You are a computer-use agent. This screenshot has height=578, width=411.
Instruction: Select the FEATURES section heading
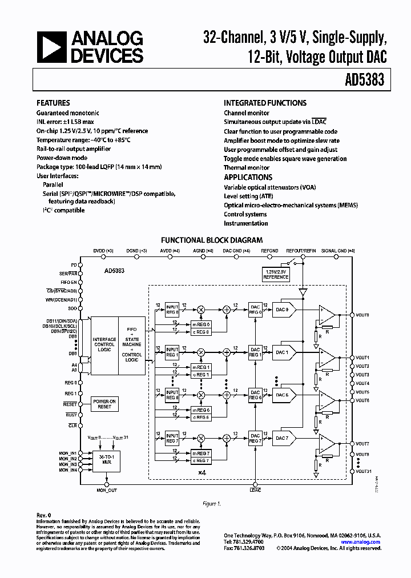[53, 103]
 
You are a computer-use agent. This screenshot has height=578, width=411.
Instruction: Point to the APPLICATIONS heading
[248, 177]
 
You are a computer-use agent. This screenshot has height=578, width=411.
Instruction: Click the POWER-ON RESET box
[104, 404]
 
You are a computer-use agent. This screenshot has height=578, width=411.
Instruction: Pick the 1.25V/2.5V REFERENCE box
[276, 274]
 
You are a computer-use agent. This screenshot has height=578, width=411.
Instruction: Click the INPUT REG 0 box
[172, 310]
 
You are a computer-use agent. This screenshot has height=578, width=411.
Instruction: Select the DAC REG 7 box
[255, 439]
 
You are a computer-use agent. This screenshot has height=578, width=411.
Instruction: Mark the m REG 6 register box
[202, 410]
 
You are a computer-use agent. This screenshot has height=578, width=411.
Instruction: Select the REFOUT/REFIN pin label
[301, 251]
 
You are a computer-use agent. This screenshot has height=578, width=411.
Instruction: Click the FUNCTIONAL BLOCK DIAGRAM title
[212, 240]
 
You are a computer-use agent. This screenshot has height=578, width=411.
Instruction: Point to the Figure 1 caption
[212, 504]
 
